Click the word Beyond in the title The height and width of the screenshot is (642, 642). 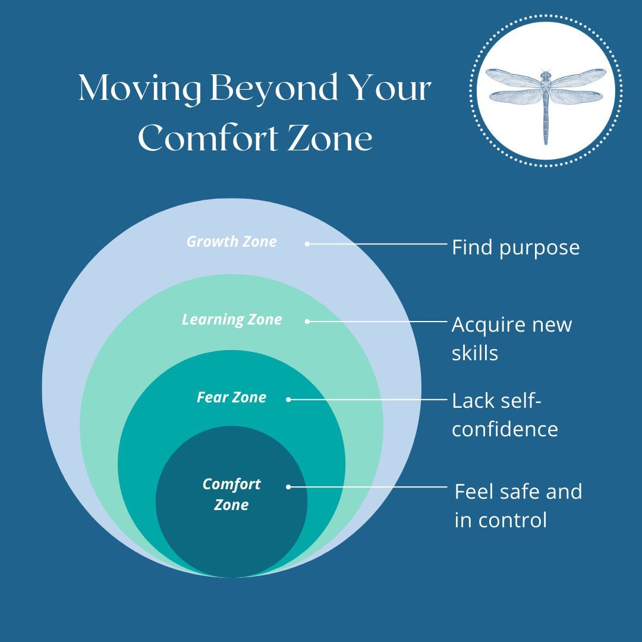(276, 90)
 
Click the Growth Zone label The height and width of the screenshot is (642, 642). (231, 241)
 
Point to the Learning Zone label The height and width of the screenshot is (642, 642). (232, 319)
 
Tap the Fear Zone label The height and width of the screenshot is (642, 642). (231, 397)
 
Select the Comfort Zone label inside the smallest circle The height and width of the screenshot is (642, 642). (231, 494)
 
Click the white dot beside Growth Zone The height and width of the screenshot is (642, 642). (307, 244)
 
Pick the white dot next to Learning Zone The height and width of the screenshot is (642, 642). (307, 322)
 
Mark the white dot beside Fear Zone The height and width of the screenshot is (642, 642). (288, 399)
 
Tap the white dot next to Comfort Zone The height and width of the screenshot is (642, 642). (288, 487)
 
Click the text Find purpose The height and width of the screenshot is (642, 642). (515, 247)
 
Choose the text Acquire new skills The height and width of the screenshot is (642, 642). (511, 339)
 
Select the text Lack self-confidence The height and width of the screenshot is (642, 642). (505, 415)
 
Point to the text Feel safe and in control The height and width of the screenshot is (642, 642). (518, 506)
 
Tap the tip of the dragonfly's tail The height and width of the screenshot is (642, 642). (546, 143)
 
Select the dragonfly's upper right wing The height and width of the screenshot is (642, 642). (579, 78)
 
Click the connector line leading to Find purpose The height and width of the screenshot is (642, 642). (377, 244)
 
